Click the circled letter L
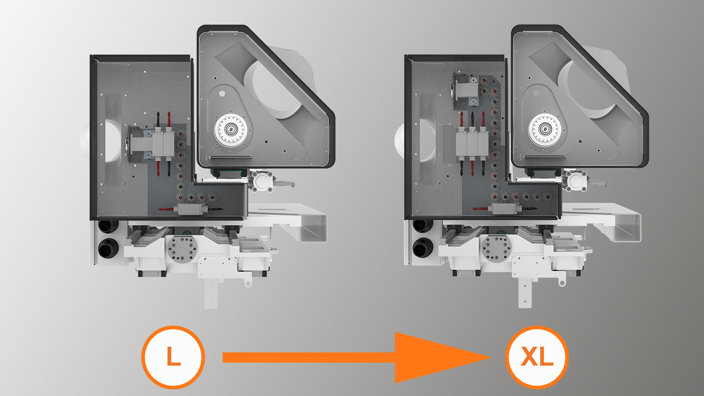[x=173, y=357]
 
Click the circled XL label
[x=537, y=357]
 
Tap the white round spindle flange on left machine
[x=231, y=130]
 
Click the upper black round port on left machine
[x=108, y=226]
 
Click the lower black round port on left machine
[x=108, y=248]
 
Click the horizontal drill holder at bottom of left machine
[x=191, y=209]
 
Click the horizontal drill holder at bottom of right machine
[x=505, y=209]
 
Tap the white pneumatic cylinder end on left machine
[x=262, y=181]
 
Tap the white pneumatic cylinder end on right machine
[x=576, y=181]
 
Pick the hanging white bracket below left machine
[x=211, y=292]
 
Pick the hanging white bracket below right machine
[x=525, y=292]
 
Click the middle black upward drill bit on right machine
[x=473, y=119]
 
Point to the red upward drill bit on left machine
[x=169, y=119]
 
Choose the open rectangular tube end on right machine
[x=627, y=228]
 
